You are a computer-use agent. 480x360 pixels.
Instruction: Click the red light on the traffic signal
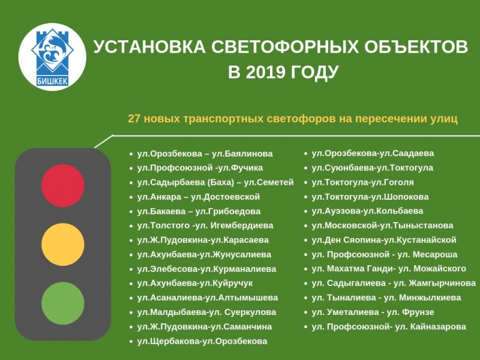[x=63, y=185]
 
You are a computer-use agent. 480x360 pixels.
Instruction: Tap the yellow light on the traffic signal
[x=63, y=244]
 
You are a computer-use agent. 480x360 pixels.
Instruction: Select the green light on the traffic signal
[x=63, y=303]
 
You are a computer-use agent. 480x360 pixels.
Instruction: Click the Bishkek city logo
[x=52, y=57]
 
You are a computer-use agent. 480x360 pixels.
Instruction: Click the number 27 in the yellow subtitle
[x=134, y=119]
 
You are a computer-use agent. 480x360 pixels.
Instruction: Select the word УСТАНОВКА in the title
[x=149, y=47]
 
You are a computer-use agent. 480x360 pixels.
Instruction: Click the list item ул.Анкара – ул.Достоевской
[x=199, y=197]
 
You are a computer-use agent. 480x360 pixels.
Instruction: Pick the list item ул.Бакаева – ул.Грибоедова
[x=199, y=211]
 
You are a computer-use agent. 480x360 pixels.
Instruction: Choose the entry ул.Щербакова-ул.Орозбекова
[x=202, y=341]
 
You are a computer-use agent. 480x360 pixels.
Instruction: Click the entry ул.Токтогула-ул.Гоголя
[x=362, y=182]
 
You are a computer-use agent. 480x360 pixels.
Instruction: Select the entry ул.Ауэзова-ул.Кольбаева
[x=367, y=211]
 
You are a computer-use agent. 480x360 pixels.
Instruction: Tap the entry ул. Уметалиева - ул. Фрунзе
[x=373, y=312]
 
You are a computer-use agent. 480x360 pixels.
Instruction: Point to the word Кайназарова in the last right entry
[x=438, y=326]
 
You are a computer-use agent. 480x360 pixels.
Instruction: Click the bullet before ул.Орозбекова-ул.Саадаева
[x=305, y=154]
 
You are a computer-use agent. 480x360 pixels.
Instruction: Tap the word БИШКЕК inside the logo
[x=52, y=81]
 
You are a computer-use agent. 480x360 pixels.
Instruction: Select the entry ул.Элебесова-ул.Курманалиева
[x=206, y=269]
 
